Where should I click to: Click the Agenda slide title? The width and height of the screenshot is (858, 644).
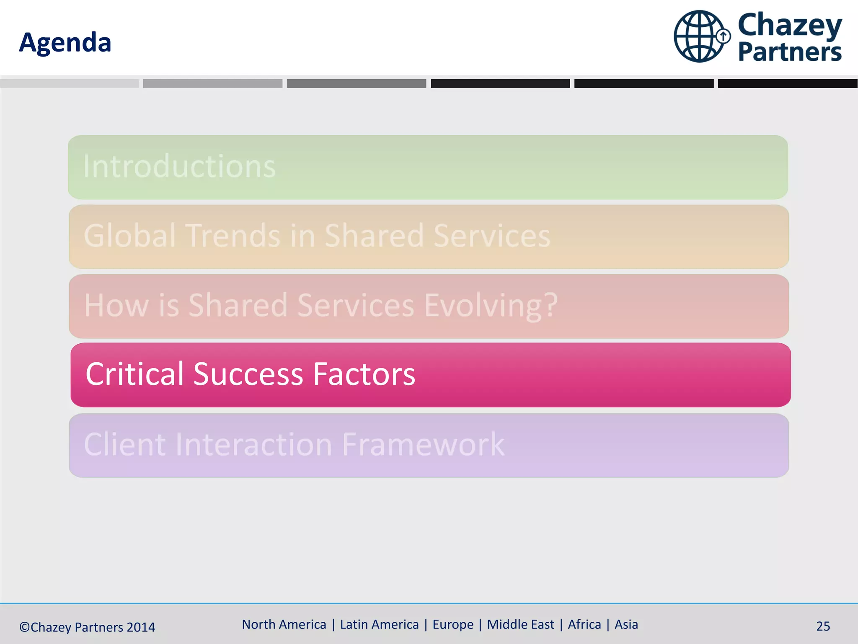point(65,43)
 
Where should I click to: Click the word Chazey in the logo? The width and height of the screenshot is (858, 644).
point(790,25)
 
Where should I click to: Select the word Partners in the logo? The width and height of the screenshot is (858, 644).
point(790,52)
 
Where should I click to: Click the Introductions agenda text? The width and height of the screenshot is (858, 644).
point(179,166)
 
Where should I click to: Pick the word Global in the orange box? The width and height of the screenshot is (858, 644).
point(129,236)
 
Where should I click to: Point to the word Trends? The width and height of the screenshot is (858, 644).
point(233,236)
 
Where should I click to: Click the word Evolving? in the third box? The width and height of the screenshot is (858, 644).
point(491,305)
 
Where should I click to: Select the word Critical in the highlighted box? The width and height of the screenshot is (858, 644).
point(134,374)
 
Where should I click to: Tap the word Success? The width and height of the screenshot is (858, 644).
point(248,374)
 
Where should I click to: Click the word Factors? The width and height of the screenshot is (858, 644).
point(364,374)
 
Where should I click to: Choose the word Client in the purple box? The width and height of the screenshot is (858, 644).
point(125,444)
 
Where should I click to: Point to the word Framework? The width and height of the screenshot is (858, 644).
point(424,444)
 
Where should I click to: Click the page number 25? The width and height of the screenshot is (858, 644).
point(823,626)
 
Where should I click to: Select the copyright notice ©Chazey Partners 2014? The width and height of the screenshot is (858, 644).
point(87,627)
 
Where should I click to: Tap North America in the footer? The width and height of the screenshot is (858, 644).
point(284,625)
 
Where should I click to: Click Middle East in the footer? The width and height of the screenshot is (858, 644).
point(520,625)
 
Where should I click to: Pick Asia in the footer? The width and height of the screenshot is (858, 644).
point(626,625)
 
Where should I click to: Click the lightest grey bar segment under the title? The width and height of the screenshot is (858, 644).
point(70,83)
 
